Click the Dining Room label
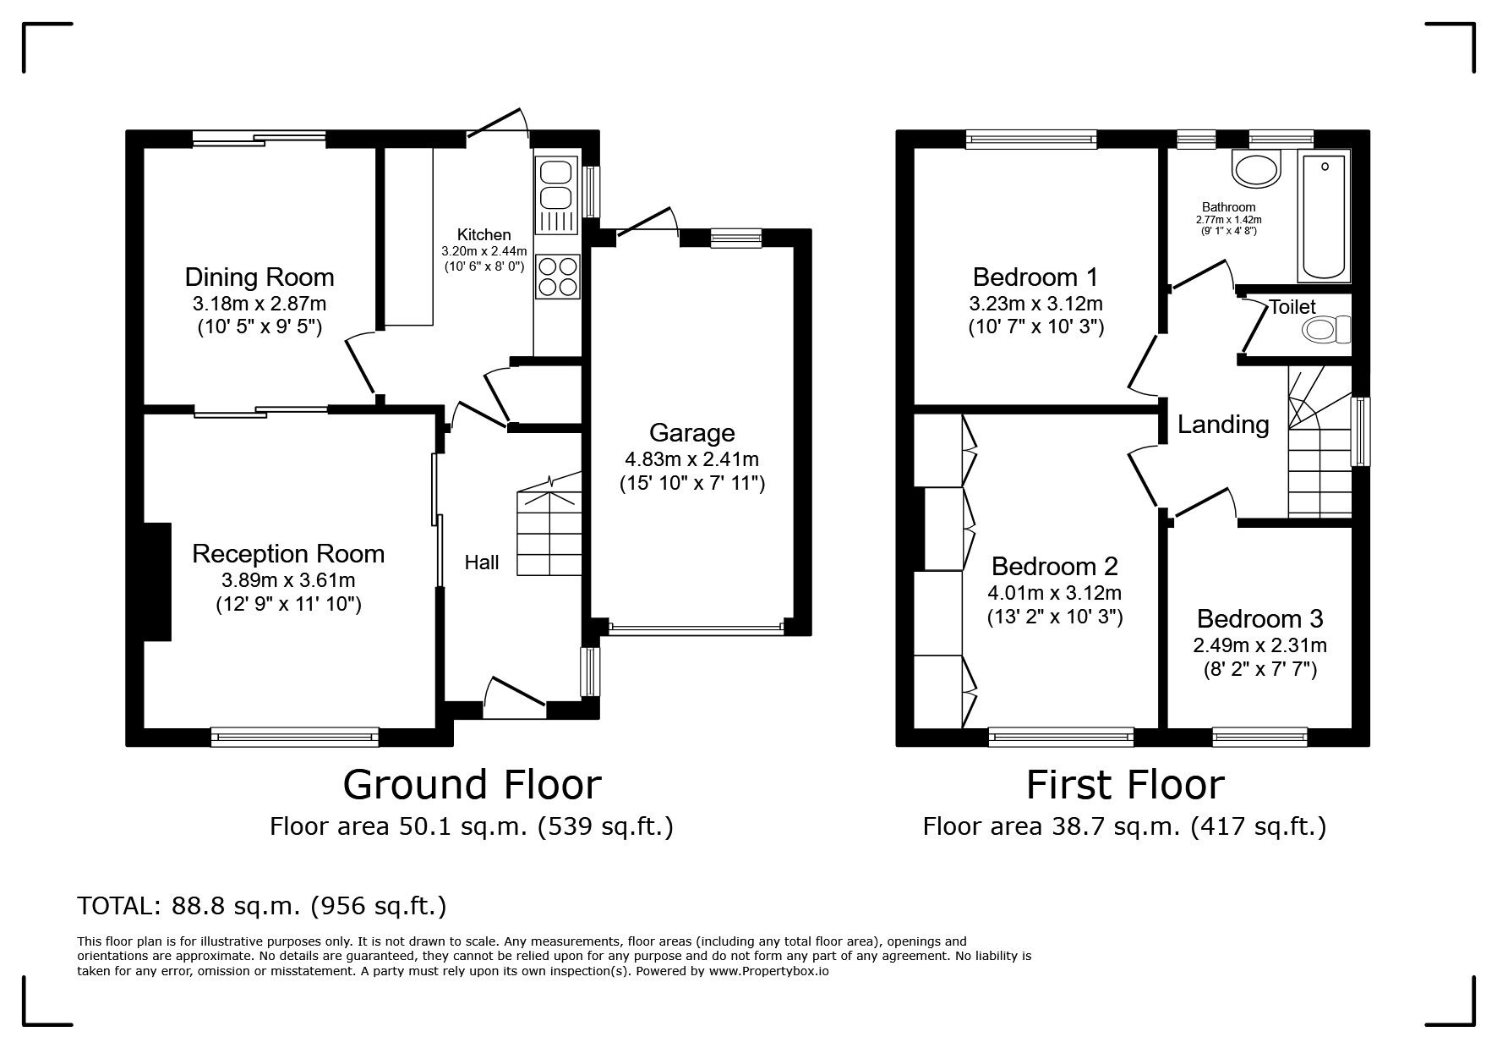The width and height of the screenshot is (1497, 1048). click(x=260, y=277)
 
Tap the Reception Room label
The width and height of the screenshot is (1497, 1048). click(x=288, y=554)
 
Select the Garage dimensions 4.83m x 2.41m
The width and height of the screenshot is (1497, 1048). click(x=691, y=460)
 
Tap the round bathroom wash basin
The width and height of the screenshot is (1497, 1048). click(x=1257, y=168)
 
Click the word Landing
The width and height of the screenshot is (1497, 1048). click(x=1223, y=425)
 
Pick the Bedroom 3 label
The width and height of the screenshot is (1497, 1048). click(x=1259, y=619)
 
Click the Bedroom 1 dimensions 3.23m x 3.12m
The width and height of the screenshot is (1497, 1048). click(x=1036, y=304)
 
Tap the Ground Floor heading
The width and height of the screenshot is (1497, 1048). click(x=472, y=785)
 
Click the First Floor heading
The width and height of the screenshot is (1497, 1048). click(x=1124, y=785)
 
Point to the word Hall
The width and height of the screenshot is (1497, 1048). click(x=482, y=562)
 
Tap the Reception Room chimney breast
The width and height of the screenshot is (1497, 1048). click(x=157, y=582)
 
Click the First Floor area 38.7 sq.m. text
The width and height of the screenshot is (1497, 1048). click(x=1124, y=826)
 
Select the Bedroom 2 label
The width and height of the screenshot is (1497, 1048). click(x=1055, y=566)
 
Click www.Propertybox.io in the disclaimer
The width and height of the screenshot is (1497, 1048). click(x=768, y=971)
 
